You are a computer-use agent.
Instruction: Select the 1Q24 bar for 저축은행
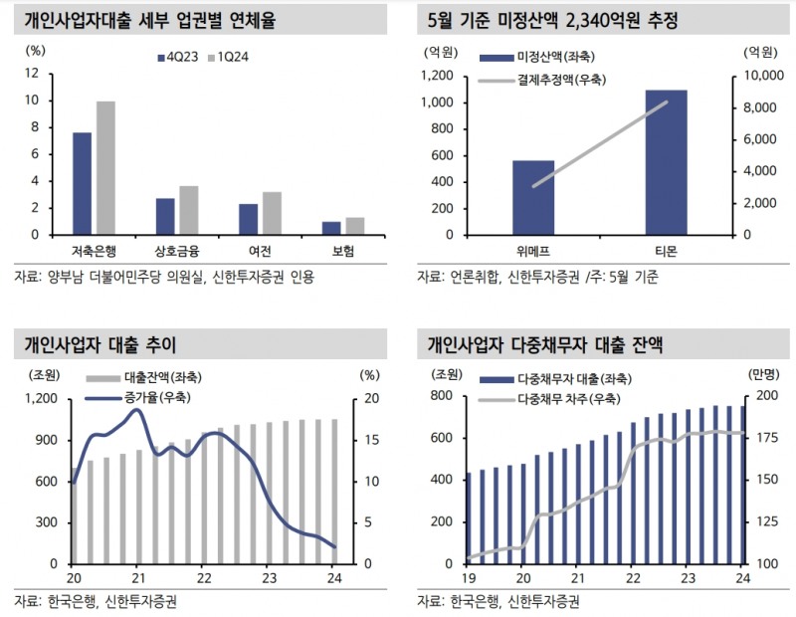(105, 168)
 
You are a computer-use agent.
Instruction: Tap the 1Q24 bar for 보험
(354, 226)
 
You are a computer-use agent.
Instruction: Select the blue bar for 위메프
(533, 197)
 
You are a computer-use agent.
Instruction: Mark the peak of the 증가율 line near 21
(137, 410)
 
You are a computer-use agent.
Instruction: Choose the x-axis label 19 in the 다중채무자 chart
(467, 578)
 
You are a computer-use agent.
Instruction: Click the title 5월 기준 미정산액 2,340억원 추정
(553, 20)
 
